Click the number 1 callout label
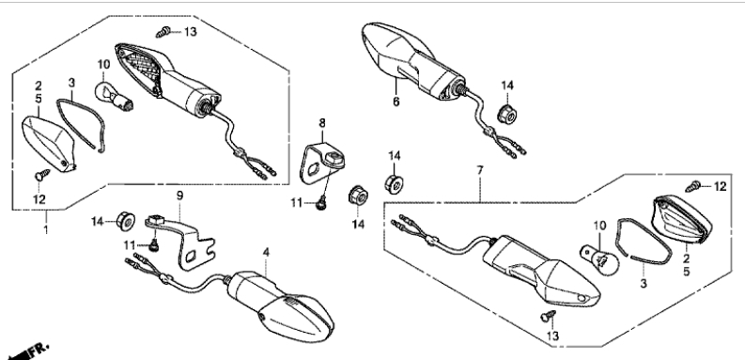[x=46, y=231]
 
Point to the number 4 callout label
[x=266, y=252]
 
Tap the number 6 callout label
[x=396, y=102]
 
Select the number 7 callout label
[x=480, y=169]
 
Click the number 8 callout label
[x=322, y=123]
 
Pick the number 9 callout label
[x=179, y=195]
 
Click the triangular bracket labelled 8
[x=322, y=164]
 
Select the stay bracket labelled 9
[x=182, y=242]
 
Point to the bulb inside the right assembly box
[x=600, y=259]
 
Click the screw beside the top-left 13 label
[x=163, y=32]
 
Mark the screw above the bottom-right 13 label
[x=549, y=316]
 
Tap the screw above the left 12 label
[x=43, y=175]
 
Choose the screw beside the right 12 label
[x=693, y=186]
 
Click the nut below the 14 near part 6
[x=506, y=114]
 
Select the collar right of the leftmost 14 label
[x=126, y=222]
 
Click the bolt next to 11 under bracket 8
[x=322, y=204]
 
